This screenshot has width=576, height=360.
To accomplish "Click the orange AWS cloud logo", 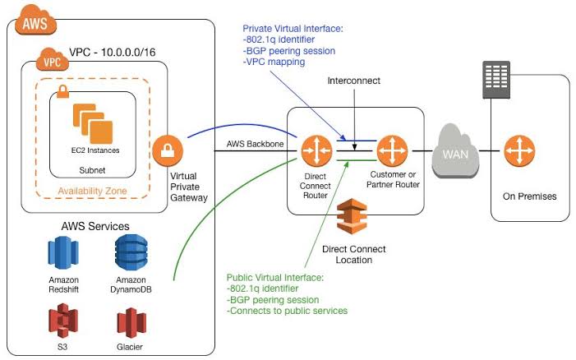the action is pos(35,21).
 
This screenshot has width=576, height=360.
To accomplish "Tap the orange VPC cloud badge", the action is pos(53,59).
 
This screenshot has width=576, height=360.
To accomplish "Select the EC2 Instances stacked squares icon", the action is pos(93,123).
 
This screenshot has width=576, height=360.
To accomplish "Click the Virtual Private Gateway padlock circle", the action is pos(168,150).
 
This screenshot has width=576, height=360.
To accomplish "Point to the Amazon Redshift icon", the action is pos(63,252).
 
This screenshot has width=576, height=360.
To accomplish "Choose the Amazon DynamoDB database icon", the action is pos(131,252).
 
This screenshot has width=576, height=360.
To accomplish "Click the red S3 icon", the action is pos(63,321).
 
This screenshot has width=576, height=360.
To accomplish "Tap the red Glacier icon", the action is pos(131,323).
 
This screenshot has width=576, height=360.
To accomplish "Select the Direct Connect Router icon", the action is pos(316,150).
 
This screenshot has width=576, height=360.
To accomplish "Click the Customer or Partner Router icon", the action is pos(392,150).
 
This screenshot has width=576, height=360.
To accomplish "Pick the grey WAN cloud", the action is pos(455,151).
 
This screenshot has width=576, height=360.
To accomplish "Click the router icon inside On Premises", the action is pos(519,151).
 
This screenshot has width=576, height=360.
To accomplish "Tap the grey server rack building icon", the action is pos(496,80).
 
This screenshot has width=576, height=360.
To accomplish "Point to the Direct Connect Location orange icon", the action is pos(352,216).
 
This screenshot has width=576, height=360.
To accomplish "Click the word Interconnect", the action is pos(354,81).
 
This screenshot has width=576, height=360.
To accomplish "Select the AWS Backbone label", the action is pos(255,144).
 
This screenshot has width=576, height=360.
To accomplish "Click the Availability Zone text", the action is pos(92,191).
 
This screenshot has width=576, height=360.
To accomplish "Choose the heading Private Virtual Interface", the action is pos(293,29).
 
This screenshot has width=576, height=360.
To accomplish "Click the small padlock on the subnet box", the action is pos(62,91).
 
